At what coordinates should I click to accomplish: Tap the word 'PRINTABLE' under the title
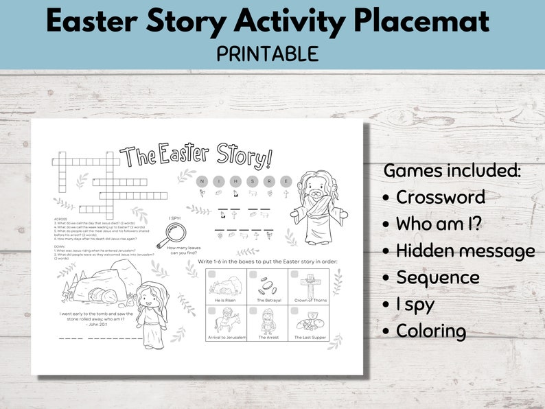pyautogui.click(x=268, y=54)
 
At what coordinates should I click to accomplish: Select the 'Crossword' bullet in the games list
pyautogui.click(x=440, y=197)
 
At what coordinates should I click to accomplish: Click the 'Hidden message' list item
pyautogui.click(x=465, y=251)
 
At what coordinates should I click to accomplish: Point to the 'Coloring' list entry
pyautogui.click(x=430, y=331)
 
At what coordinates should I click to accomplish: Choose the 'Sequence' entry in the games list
pyautogui.click(x=437, y=277)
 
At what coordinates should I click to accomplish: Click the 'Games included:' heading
pyautogui.click(x=452, y=170)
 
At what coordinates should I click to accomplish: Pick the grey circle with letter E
pyautogui.click(x=286, y=181)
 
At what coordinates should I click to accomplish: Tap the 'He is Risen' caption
pyautogui.click(x=226, y=301)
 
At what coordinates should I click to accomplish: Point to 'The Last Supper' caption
pyautogui.click(x=308, y=337)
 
